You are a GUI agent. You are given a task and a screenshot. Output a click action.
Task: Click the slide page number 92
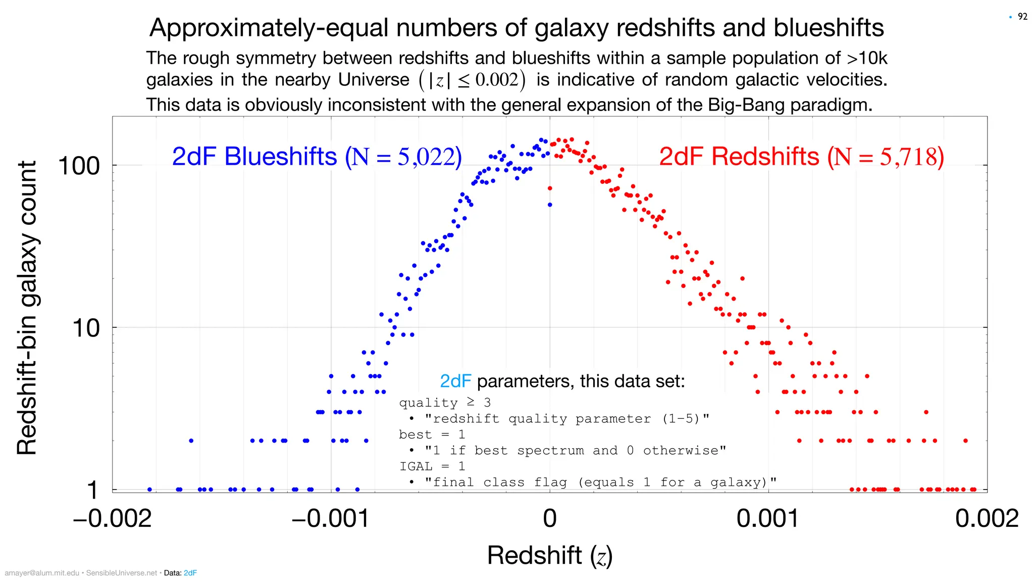click(x=1022, y=17)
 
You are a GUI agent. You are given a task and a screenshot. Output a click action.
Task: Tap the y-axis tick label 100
click(x=79, y=166)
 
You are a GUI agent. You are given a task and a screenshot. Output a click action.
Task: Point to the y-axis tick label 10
click(x=86, y=328)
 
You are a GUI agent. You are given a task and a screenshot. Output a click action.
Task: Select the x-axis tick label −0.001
click(x=331, y=518)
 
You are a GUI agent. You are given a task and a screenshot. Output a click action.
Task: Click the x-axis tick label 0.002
click(x=987, y=518)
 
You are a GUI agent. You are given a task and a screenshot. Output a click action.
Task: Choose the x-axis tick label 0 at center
click(x=550, y=518)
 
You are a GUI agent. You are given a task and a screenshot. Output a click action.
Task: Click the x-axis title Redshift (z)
click(x=550, y=556)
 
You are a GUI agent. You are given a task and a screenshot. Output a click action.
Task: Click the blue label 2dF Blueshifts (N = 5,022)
click(x=317, y=157)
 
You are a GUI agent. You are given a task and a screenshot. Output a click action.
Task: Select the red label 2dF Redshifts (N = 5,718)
click(x=801, y=157)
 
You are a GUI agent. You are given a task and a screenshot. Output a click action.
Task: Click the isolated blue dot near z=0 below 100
click(x=550, y=205)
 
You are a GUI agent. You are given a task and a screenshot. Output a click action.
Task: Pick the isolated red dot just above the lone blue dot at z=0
click(x=550, y=188)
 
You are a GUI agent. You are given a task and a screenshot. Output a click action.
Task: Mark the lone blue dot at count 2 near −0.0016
click(x=191, y=441)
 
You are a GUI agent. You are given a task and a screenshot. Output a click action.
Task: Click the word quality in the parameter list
click(x=428, y=403)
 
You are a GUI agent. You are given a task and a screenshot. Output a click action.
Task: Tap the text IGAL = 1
click(x=432, y=466)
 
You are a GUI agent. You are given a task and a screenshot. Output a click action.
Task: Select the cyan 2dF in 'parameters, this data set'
click(x=455, y=381)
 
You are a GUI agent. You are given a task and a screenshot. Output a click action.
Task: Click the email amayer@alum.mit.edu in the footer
click(x=42, y=573)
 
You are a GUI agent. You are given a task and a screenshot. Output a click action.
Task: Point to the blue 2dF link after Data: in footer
click(x=190, y=573)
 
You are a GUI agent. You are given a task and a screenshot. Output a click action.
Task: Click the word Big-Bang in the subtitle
click(x=746, y=105)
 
